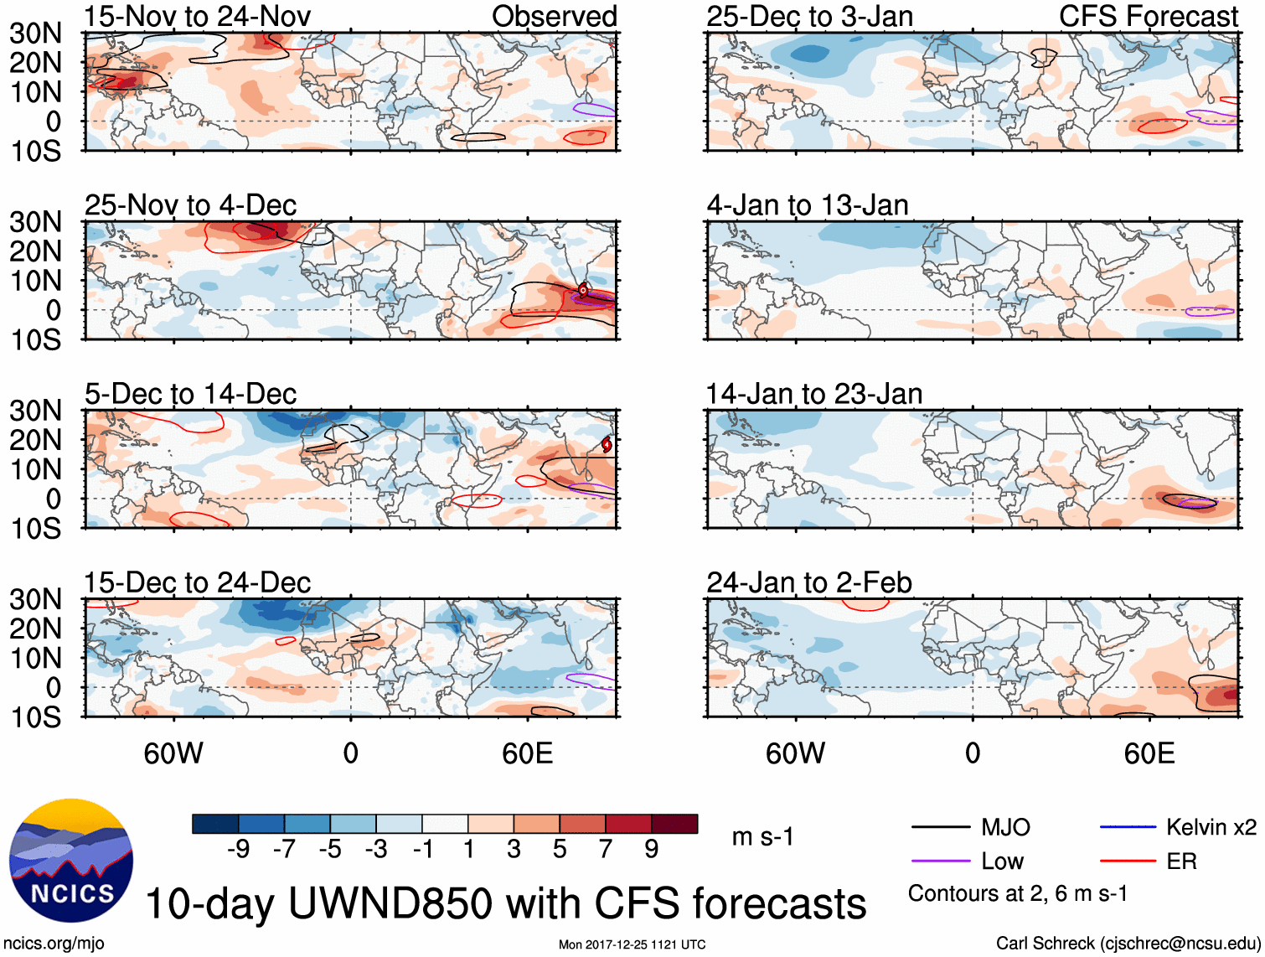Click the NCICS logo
click(71, 861)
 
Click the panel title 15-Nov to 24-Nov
click(197, 16)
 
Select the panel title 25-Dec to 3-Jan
click(809, 16)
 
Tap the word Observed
click(554, 16)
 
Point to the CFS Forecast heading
click(1148, 16)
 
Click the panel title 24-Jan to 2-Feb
click(808, 582)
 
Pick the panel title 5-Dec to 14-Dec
click(190, 394)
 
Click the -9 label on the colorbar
click(238, 850)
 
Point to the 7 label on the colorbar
click(606, 850)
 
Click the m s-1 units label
click(762, 836)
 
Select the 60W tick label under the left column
click(173, 753)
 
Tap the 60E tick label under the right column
click(1149, 753)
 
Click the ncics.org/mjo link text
click(54, 944)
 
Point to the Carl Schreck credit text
click(1128, 944)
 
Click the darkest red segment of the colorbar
click(674, 824)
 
